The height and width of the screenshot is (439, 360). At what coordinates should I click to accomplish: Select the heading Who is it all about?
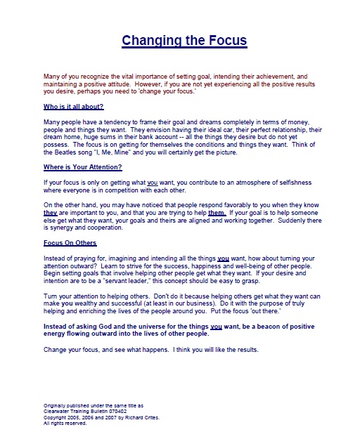74,106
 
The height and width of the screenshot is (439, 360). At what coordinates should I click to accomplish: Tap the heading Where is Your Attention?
83,166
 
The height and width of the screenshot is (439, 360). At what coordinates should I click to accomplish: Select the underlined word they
51,212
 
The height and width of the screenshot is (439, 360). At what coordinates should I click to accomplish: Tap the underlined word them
217,212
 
